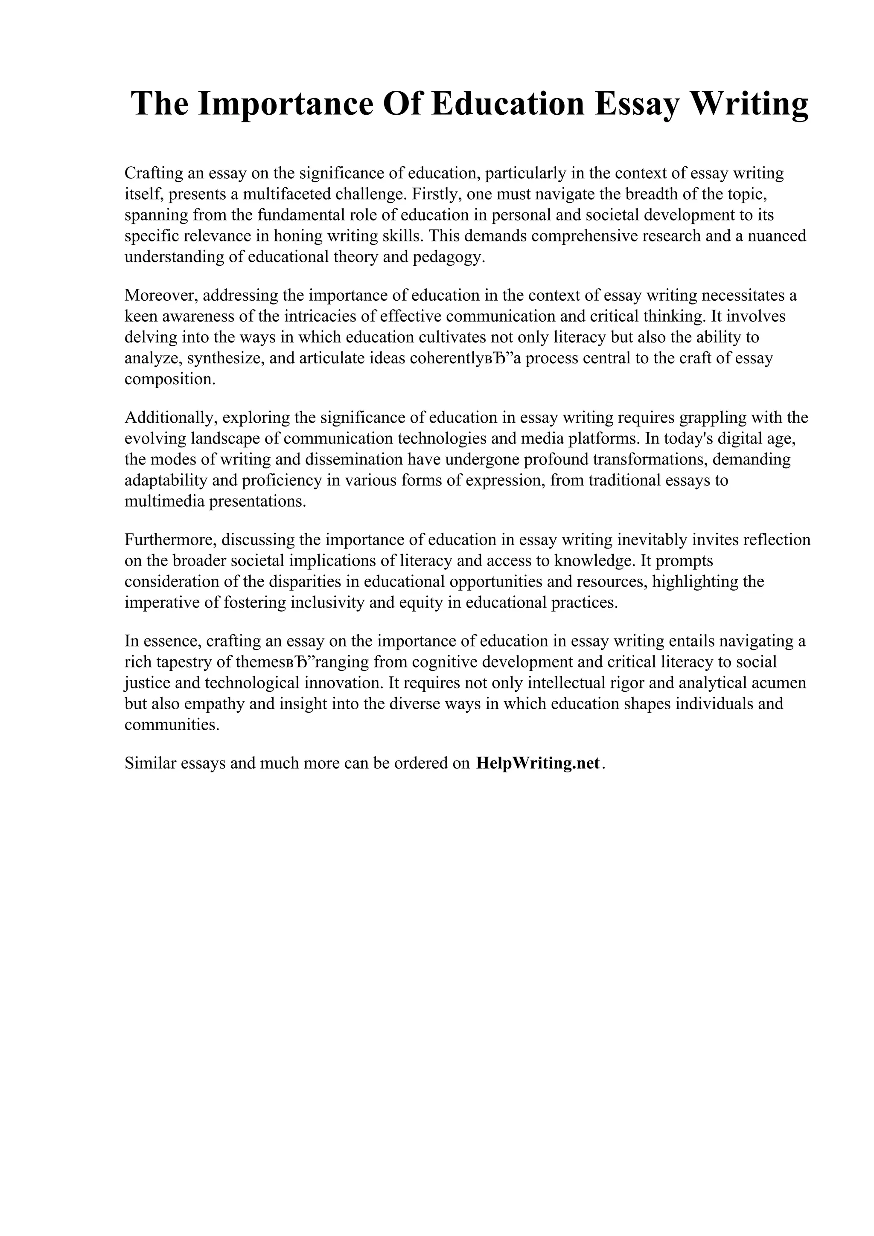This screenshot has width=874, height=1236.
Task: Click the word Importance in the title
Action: click(x=286, y=104)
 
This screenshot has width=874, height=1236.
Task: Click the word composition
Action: click(x=169, y=380)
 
